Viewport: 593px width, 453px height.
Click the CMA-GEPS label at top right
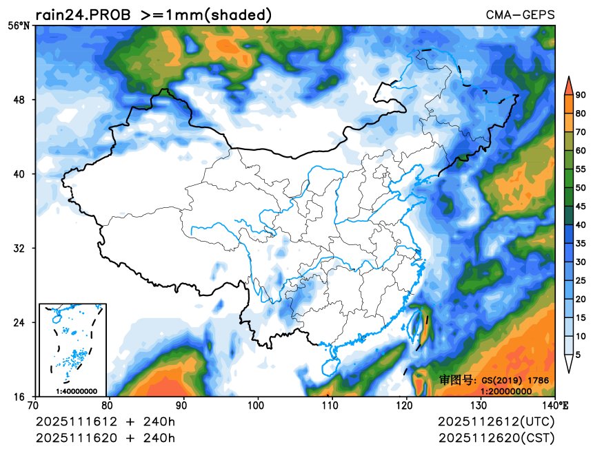point(520,14)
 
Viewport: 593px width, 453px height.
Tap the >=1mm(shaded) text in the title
point(206,14)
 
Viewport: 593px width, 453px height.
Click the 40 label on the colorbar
point(581,224)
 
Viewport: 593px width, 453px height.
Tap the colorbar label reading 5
point(578,355)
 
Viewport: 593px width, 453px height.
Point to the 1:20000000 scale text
point(505,391)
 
